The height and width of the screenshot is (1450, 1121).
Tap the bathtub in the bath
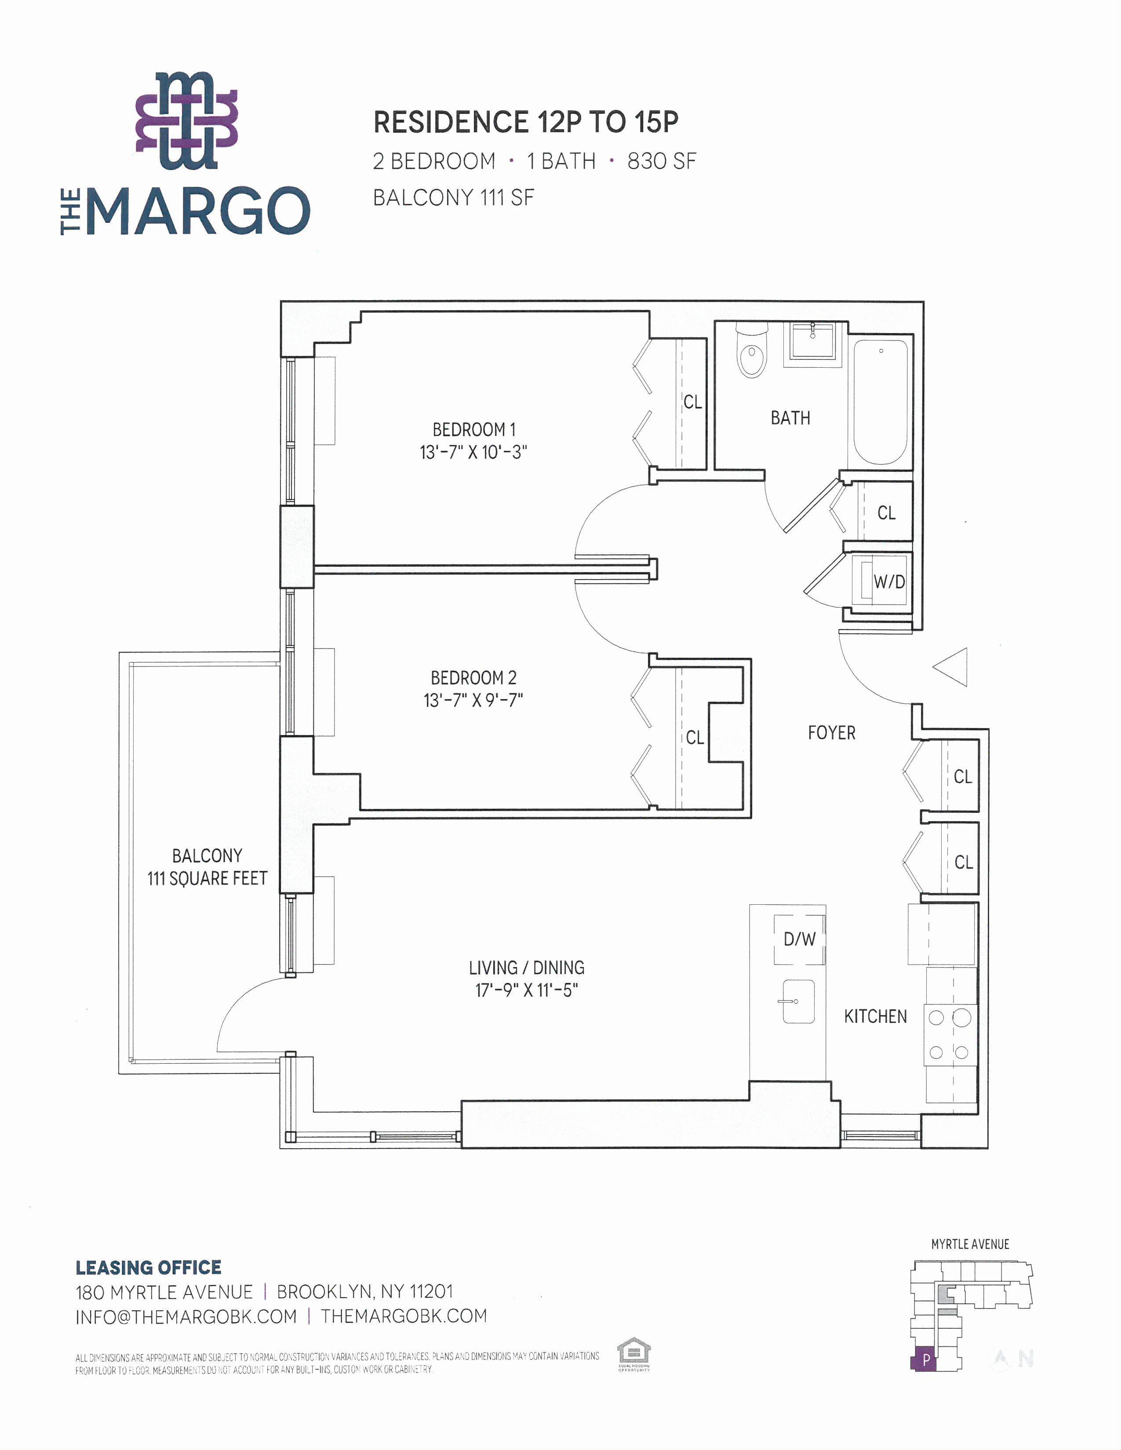[x=880, y=403]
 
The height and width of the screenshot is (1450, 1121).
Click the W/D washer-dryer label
[x=889, y=582]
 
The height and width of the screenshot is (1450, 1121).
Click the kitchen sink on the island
[x=798, y=1001]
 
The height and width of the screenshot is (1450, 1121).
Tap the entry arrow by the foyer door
[x=950, y=667]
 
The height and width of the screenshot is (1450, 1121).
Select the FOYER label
[x=831, y=733]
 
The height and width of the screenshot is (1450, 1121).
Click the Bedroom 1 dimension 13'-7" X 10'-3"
[x=473, y=453]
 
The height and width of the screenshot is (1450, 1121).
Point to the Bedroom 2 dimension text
[x=473, y=700]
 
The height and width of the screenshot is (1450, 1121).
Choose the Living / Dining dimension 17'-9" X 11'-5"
[x=527, y=990]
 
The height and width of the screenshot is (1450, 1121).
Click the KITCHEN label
[x=875, y=1016]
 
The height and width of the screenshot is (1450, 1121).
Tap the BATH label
[x=790, y=418]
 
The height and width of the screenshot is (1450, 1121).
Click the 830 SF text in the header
[x=662, y=161]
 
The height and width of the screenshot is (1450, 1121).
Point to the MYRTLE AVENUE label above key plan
[x=970, y=1244]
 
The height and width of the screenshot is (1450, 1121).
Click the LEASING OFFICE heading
[x=148, y=1268]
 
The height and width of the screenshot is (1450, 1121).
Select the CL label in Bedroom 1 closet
[x=693, y=402]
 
